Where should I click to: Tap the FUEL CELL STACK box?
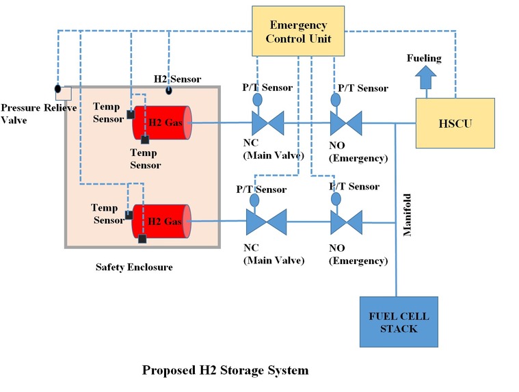pos(393,322)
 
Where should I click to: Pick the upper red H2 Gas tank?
pos(163,123)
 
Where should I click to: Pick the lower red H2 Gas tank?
pos(162,222)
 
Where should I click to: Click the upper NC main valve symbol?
pos(267,124)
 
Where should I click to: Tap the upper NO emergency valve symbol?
pos(346,124)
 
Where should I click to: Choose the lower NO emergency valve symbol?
pos(346,222)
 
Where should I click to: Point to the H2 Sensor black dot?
pos(169,90)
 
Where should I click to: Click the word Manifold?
pos(407,213)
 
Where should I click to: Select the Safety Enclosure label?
pos(134,267)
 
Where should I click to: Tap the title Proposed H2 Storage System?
pos(225,370)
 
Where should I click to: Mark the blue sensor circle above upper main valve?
pos(257,99)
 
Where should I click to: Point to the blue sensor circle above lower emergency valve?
pos(335,199)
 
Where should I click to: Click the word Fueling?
pos(425,59)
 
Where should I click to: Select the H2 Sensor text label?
pos(176,79)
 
